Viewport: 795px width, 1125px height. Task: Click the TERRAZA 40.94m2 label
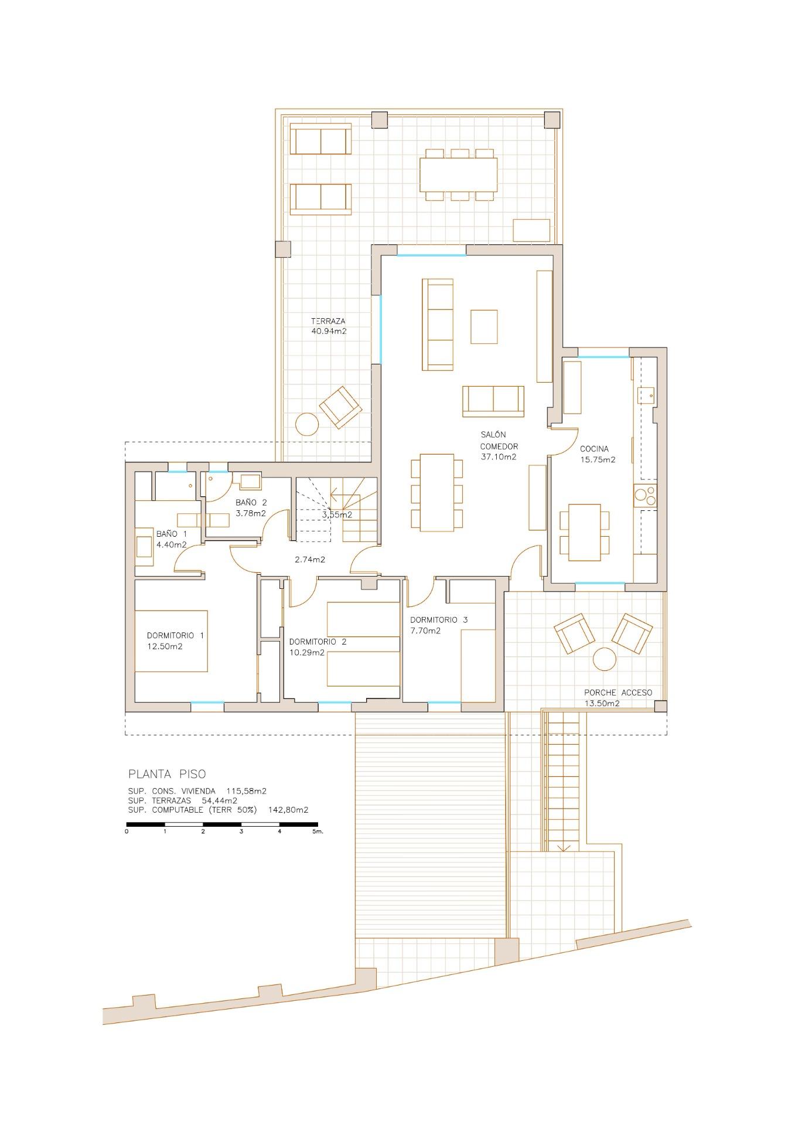[328, 326]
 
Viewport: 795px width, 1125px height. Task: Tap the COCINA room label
[594, 449]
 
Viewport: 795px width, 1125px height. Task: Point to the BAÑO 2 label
[251, 502]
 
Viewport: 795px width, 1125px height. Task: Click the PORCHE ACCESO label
[617, 692]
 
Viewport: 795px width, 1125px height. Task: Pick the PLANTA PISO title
[167, 773]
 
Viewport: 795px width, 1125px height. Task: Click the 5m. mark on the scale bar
[317, 831]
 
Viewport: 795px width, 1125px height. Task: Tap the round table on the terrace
[306, 424]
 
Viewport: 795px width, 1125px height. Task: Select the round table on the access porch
[605, 659]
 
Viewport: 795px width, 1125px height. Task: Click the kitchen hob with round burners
[645, 496]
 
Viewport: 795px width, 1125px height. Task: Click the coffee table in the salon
[484, 327]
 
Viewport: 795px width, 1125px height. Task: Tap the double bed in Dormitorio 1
[171, 641]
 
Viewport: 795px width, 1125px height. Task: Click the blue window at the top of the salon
[431, 255]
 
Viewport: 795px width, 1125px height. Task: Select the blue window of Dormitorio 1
[207, 703]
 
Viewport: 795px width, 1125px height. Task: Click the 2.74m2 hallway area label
[310, 560]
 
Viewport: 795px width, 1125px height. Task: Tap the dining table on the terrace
[458, 175]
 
